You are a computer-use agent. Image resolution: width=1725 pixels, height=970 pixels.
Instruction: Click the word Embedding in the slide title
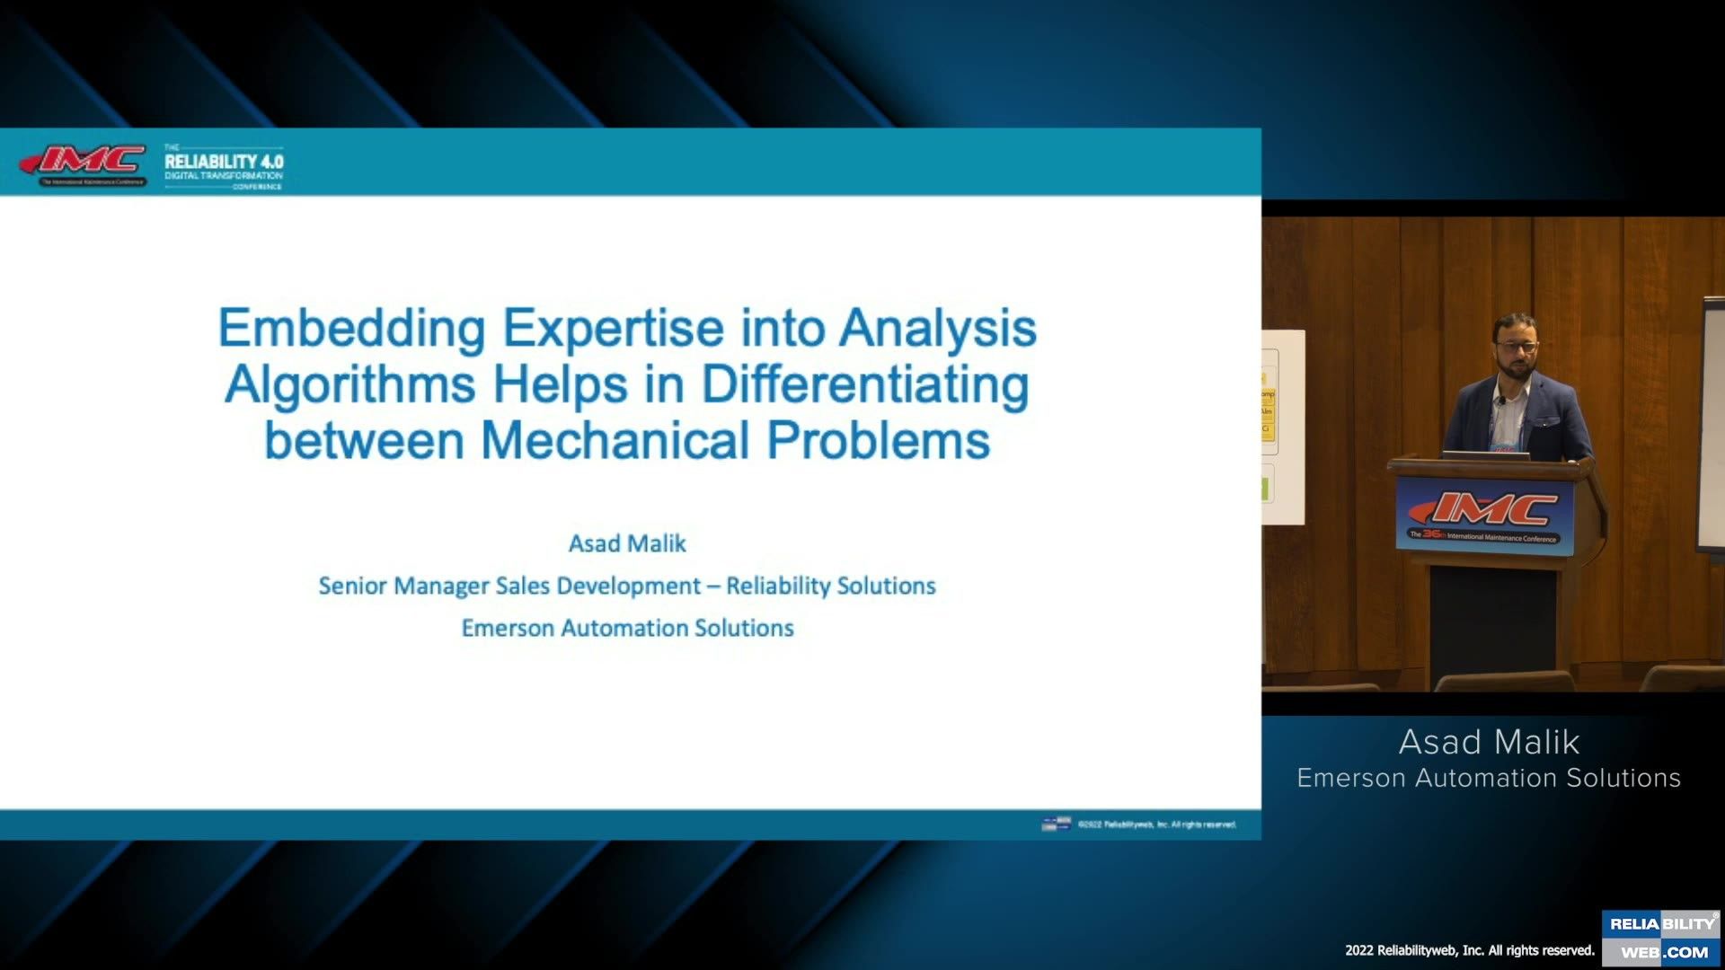click(x=351, y=329)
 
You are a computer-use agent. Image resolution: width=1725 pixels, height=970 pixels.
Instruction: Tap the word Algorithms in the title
click(x=349, y=384)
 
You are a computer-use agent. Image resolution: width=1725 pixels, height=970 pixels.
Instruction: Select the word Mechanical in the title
click(x=615, y=441)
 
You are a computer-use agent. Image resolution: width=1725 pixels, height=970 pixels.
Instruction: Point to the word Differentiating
click(x=865, y=384)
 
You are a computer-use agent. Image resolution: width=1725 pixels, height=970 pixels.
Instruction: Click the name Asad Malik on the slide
click(x=627, y=543)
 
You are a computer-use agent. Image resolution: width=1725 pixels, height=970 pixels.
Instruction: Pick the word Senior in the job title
click(x=352, y=586)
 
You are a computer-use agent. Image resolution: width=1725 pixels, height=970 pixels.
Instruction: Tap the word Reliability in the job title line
click(x=778, y=586)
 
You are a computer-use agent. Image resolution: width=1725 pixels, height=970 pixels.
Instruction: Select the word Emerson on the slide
click(x=508, y=628)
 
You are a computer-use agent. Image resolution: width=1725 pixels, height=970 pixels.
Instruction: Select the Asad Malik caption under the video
click(x=1489, y=742)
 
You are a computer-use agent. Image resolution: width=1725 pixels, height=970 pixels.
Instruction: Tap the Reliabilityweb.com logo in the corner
click(x=1662, y=938)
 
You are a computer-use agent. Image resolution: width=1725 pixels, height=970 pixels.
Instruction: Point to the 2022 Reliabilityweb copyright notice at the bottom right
click(x=1469, y=950)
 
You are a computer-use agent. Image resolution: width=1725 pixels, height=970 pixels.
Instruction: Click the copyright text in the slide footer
click(x=1156, y=824)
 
